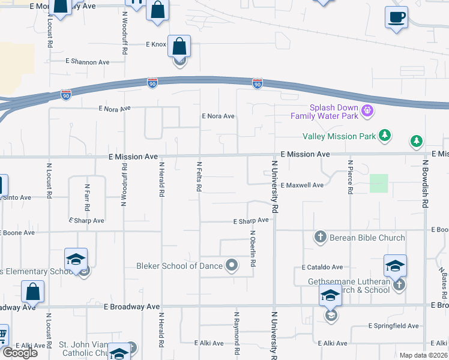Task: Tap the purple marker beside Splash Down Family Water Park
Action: point(369,111)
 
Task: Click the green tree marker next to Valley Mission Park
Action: point(385,136)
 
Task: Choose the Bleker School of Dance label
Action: point(179,266)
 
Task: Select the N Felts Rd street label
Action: point(198,176)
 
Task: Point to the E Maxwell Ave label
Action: point(302,185)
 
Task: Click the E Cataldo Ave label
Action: point(322,266)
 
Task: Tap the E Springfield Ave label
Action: point(394,326)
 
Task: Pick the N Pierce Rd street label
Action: point(350,176)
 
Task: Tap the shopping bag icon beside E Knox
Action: point(179,46)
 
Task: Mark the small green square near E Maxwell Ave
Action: point(379,183)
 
